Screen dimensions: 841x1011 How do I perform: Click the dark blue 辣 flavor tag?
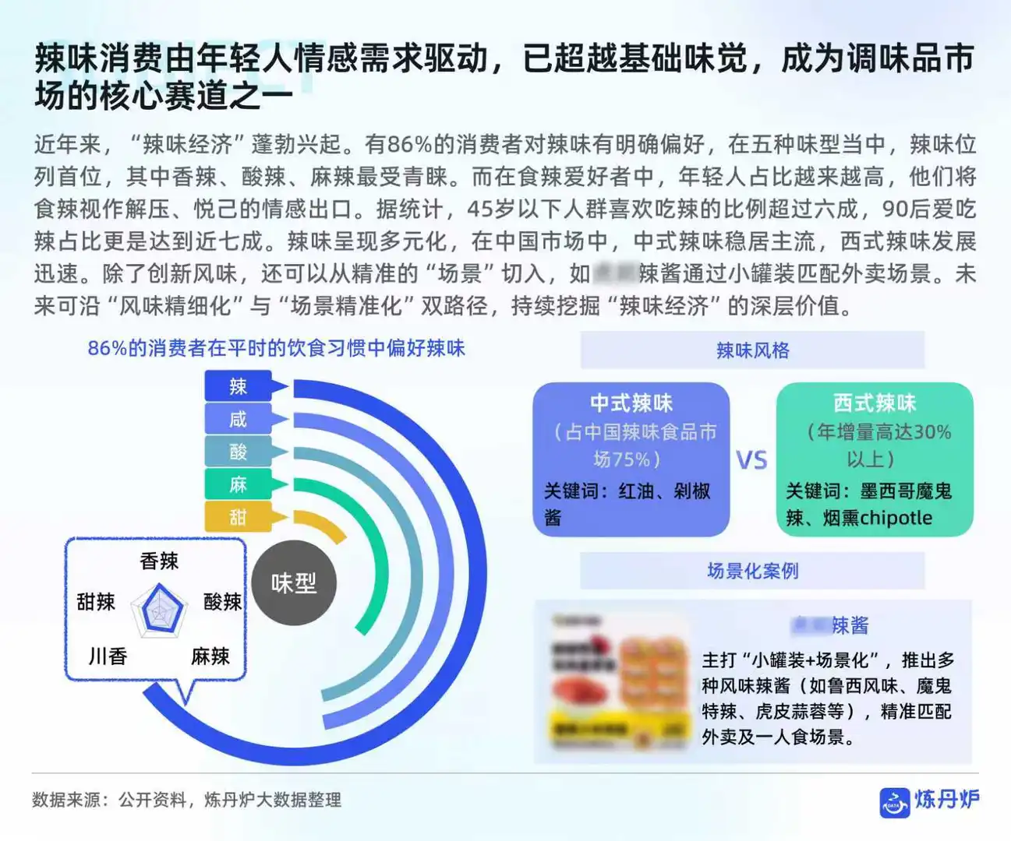238,386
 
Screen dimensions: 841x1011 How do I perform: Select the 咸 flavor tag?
238,419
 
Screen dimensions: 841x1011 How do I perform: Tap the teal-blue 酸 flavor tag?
238,452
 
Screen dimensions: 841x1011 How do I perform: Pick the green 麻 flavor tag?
238,484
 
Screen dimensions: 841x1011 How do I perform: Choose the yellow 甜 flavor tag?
238,517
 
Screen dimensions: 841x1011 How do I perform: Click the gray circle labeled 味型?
294,582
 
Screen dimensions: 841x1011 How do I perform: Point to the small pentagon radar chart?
159,610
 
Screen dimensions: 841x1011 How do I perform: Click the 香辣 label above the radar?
159,561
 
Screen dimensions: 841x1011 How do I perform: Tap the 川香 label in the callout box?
108,656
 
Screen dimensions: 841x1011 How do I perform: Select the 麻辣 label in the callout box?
210,656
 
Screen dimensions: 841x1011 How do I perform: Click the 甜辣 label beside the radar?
96,601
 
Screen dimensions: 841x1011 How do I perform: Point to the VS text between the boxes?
752,460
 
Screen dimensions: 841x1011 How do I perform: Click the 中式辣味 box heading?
631,403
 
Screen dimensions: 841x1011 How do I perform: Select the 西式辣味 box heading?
875,403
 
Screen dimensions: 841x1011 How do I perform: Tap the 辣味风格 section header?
752,350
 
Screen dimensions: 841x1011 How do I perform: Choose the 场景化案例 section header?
752,571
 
